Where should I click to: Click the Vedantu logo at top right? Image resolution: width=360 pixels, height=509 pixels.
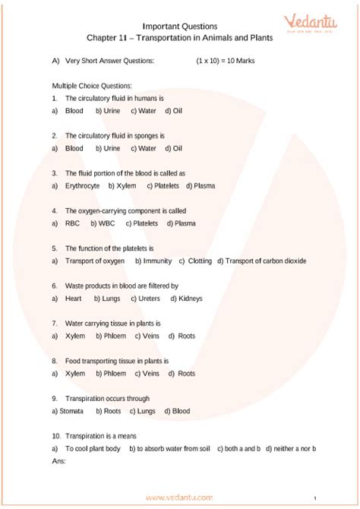[312, 24]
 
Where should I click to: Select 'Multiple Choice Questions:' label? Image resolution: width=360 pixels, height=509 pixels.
[92, 86]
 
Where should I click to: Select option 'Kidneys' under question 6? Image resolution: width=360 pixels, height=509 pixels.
[190, 299]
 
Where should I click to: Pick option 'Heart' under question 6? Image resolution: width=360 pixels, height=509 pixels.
[74, 299]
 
